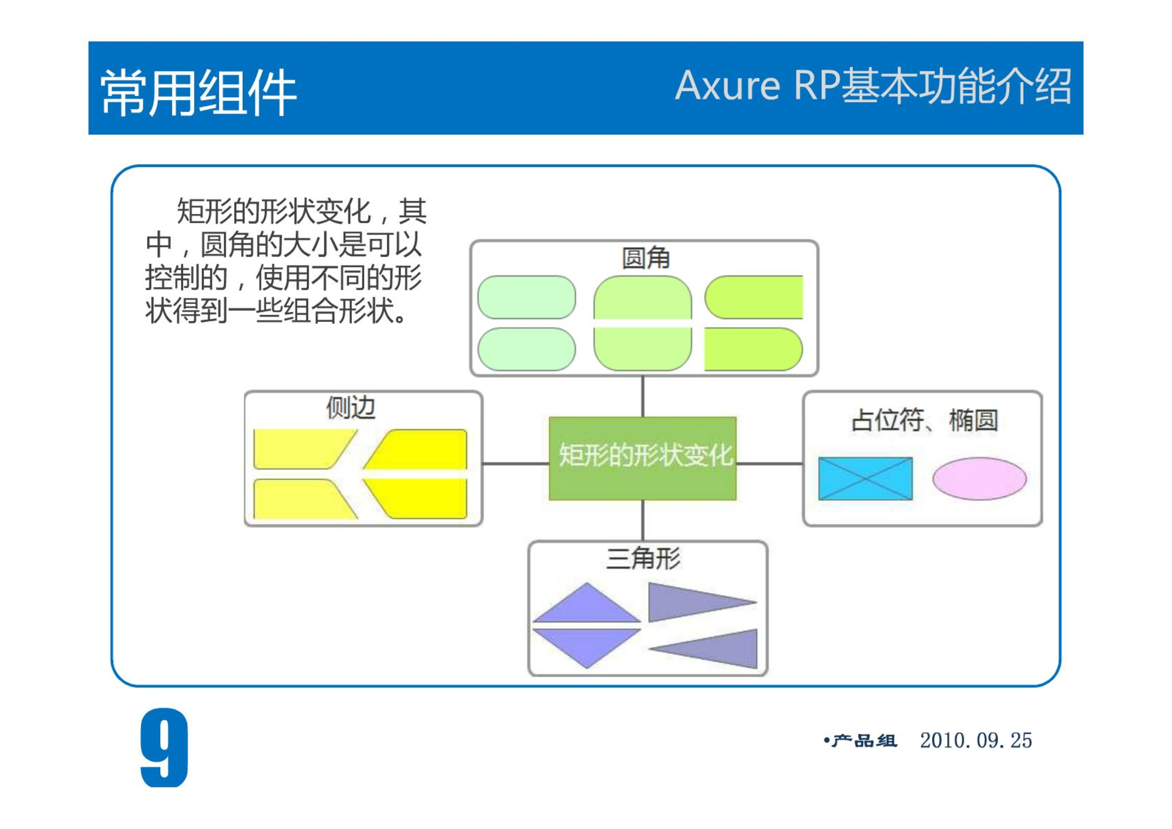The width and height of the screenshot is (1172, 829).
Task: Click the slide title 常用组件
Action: click(x=198, y=93)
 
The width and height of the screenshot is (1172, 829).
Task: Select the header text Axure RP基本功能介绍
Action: click(x=873, y=85)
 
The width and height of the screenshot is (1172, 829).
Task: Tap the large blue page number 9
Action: click(x=164, y=747)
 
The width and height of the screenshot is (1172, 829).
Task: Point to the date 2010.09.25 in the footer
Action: click(x=976, y=741)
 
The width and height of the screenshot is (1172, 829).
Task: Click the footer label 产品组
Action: click(x=864, y=741)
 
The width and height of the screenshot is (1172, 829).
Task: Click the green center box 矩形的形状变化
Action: click(x=643, y=458)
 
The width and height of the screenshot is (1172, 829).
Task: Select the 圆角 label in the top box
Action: click(x=646, y=258)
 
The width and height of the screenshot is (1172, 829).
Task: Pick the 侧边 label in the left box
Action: click(x=351, y=407)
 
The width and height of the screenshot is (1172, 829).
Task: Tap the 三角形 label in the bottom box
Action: click(x=643, y=559)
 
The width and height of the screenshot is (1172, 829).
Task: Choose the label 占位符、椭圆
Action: click(x=925, y=420)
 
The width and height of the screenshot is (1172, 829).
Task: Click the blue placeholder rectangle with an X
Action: click(x=865, y=478)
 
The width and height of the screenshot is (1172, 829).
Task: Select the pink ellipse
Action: click(x=979, y=478)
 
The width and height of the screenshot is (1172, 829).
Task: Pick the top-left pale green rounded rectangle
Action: click(x=527, y=297)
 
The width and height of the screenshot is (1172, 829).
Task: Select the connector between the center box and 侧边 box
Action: click(x=516, y=463)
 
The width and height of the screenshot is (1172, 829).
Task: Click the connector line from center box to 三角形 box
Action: click(x=643, y=521)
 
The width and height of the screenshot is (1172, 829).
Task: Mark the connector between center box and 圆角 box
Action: click(x=643, y=396)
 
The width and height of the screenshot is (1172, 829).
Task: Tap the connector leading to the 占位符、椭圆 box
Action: click(x=770, y=463)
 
